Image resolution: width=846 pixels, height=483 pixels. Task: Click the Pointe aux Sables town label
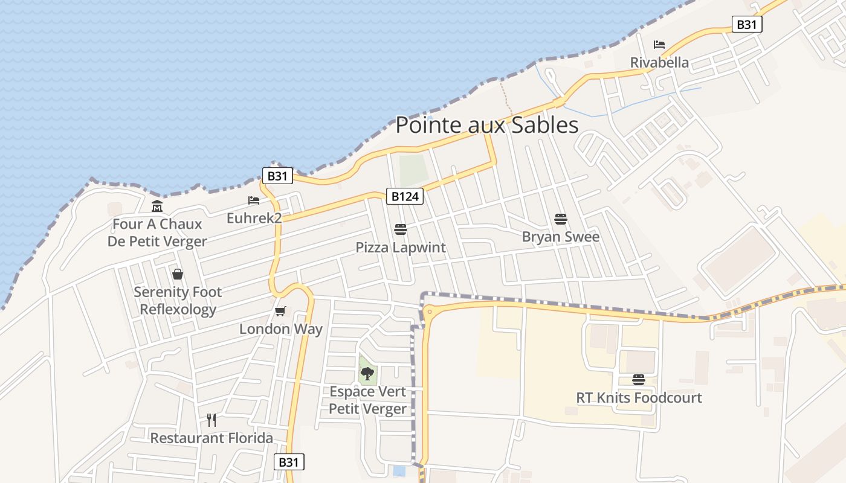pyautogui.click(x=486, y=125)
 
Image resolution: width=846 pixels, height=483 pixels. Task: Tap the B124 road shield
pyautogui.click(x=404, y=196)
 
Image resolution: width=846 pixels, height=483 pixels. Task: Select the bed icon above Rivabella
pyautogui.click(x=659, y=45)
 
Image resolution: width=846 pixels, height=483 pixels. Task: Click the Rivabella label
pyautogui.click(x=659, y=62)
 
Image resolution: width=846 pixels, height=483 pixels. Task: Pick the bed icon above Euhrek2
pyautogui.click(x=254, y=200)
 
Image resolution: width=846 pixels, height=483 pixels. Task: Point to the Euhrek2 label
pyautogui.click(x=254, y=217)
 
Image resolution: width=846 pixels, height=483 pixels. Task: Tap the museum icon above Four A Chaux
pyautogui.click(x=157, y=206)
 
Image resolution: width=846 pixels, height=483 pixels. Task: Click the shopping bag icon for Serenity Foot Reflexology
pyautogui.click(x=178, y=275)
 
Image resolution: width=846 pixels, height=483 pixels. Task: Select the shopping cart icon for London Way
pyautogui.click(x=280, y=312)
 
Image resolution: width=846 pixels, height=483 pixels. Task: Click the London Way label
pyautogui.click(x=281, y=329)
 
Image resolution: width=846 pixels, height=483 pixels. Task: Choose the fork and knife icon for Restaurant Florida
pyautogui.click(x=211, y=420)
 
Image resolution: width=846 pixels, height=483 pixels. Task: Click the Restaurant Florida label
pyautogui.click(x=211, y=438)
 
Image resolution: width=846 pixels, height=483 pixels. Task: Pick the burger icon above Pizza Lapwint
pyautogui.click(x=400, y=229)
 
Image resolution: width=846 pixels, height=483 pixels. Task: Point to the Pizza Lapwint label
pyautogui.click(x=401, y=248)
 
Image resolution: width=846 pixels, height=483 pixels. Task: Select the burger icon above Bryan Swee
pyautogui.click(x=561, y=219)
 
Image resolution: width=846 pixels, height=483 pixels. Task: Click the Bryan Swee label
pyautogui.click(x=561, y=237)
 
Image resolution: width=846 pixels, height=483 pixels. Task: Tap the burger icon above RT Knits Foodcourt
pyautogui.click(x=639, y=380)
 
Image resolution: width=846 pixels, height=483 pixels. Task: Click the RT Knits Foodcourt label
pyautogui.click(x=639, y=398)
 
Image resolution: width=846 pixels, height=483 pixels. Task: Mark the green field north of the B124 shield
pyautogui.click(x=413, y=170)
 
